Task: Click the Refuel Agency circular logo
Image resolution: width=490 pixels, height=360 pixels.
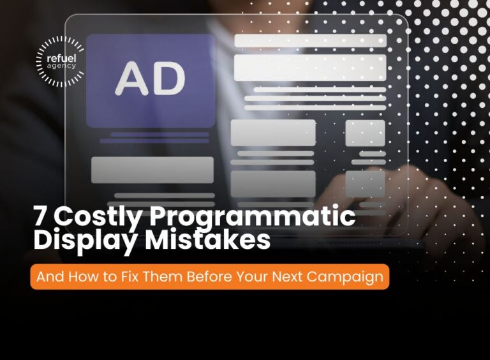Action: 61,61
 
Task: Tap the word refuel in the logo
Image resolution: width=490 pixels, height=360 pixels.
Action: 61,57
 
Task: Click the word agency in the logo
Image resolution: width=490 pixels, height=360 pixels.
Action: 61,65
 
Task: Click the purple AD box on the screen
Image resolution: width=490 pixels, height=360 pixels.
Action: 151,80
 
